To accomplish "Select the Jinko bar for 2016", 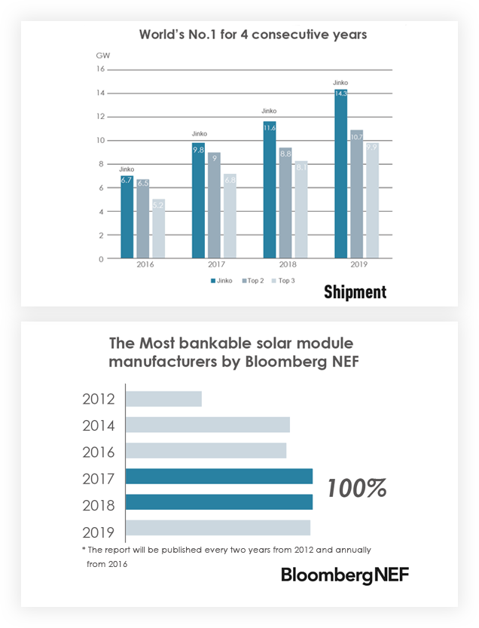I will click(x=127, y=219).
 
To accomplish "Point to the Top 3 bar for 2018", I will click(x=301, y=210).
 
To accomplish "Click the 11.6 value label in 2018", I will click(x=270, y=128).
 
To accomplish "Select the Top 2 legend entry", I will click(x=253, y=280).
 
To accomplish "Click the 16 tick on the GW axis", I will click(x=100, y=69).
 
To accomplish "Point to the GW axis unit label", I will click(x=101, y=56).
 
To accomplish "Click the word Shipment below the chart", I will click(x=355, y=292).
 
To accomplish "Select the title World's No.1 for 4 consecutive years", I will click(x=242, y=35).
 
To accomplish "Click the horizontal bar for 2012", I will click(x=163, y=398).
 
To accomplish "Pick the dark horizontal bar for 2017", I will click(x=218, y=476).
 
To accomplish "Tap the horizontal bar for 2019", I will click(x=218, y=527).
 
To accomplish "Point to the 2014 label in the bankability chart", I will click(x=99, y=425).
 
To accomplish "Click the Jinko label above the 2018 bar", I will click(x=270, y=111).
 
